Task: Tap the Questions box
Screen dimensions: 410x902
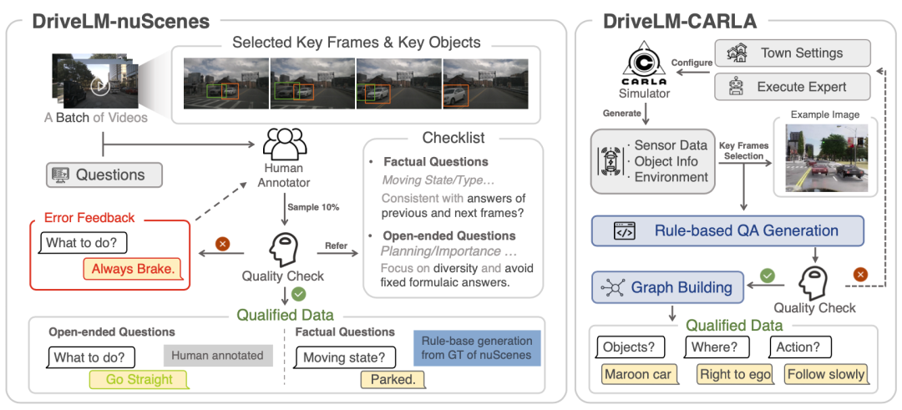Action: coord(103,175)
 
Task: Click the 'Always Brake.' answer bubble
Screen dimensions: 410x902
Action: coord(133,269)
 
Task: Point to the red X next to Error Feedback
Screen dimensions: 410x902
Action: coord(222,245)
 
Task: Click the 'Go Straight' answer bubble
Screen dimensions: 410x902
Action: coord(139,379)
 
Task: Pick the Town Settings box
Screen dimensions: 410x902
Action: coord(792,53)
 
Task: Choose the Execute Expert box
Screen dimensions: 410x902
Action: coord(792,86)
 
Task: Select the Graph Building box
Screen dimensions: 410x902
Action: coord(667,286)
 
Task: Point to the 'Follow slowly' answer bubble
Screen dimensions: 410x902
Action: coord(824,374)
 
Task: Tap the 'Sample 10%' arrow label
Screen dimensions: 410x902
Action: coord(313,203)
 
